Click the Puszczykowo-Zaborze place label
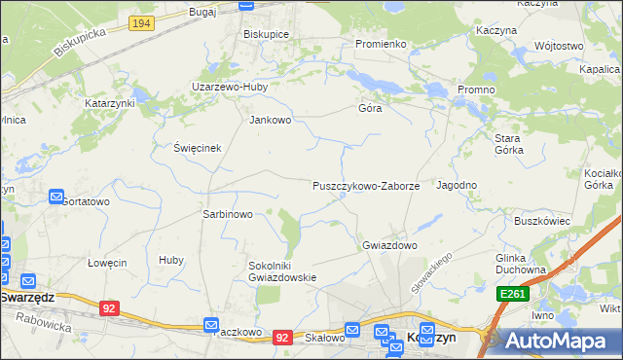(x=365, y=186)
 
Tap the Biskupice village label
(x=266, y=33)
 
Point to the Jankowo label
(x=271, y=121)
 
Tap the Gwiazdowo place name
(x=389, y=246)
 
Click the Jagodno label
(x=457, y=185)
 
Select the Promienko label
(x=380, y=44)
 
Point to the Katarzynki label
(x=109, y=102)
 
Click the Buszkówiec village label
(x=541, y=221)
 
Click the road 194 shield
(x=141, y=22)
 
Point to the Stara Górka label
(x=508, y=144)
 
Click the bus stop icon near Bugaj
(x=248, y=5)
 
